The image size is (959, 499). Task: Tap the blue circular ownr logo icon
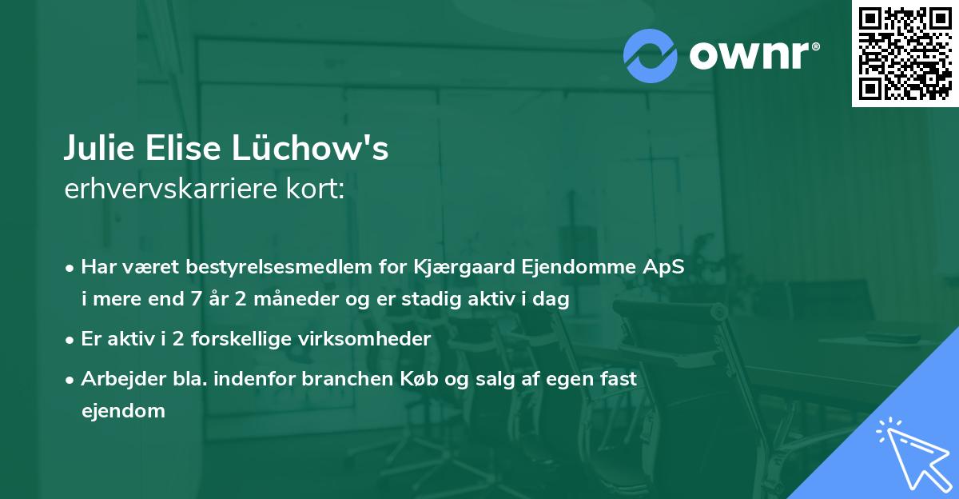click(650, 55)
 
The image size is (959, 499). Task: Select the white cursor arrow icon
click(911, 452)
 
